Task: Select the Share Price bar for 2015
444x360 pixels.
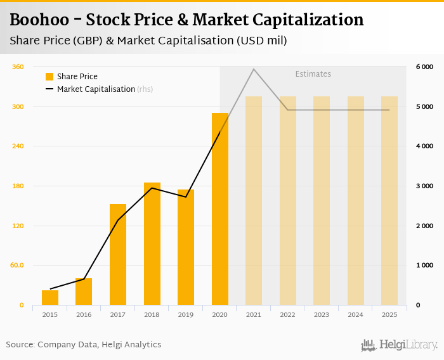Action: [x=50, y=297]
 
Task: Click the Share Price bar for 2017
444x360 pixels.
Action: [x=118, y=254]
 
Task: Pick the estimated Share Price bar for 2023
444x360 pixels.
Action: [x=322, y=200]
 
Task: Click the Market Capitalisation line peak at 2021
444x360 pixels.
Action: [x=254, y=69]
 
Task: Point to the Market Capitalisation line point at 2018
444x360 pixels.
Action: [x=152, y=188]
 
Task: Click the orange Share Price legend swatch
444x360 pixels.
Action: [x=49, y=77]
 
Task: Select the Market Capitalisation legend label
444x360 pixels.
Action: [x=96, y=89]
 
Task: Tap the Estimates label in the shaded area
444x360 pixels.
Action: [x=313, y=74]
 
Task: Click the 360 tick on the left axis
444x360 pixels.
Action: [x=18, y=67]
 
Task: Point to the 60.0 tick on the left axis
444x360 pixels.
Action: [x=17, y=266]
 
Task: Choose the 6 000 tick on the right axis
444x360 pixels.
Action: [x=424, y=67]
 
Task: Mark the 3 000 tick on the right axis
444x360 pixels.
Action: [x=424, y=186]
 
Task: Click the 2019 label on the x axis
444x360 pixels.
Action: [x=186, y=314]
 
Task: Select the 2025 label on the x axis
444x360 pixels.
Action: [x=389, y=314]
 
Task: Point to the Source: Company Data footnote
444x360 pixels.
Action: [x=84, y=345]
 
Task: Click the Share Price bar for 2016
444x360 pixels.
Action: [x=84, y=292]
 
